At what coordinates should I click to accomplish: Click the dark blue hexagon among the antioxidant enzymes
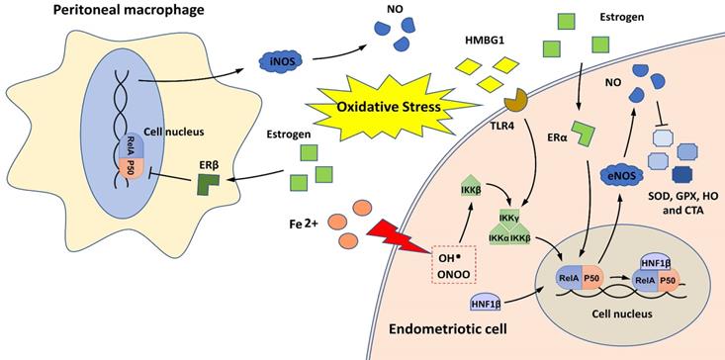pyautogui.click(x=683, y=175)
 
